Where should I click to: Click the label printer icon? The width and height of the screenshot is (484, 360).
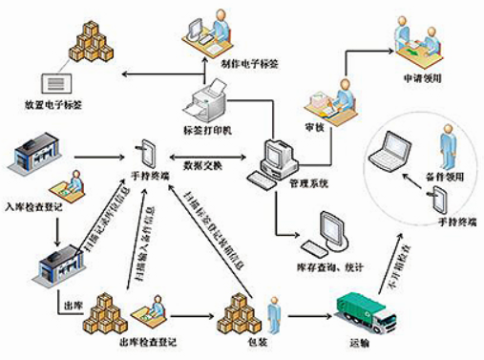208,99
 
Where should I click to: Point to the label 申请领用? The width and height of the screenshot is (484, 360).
416,75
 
